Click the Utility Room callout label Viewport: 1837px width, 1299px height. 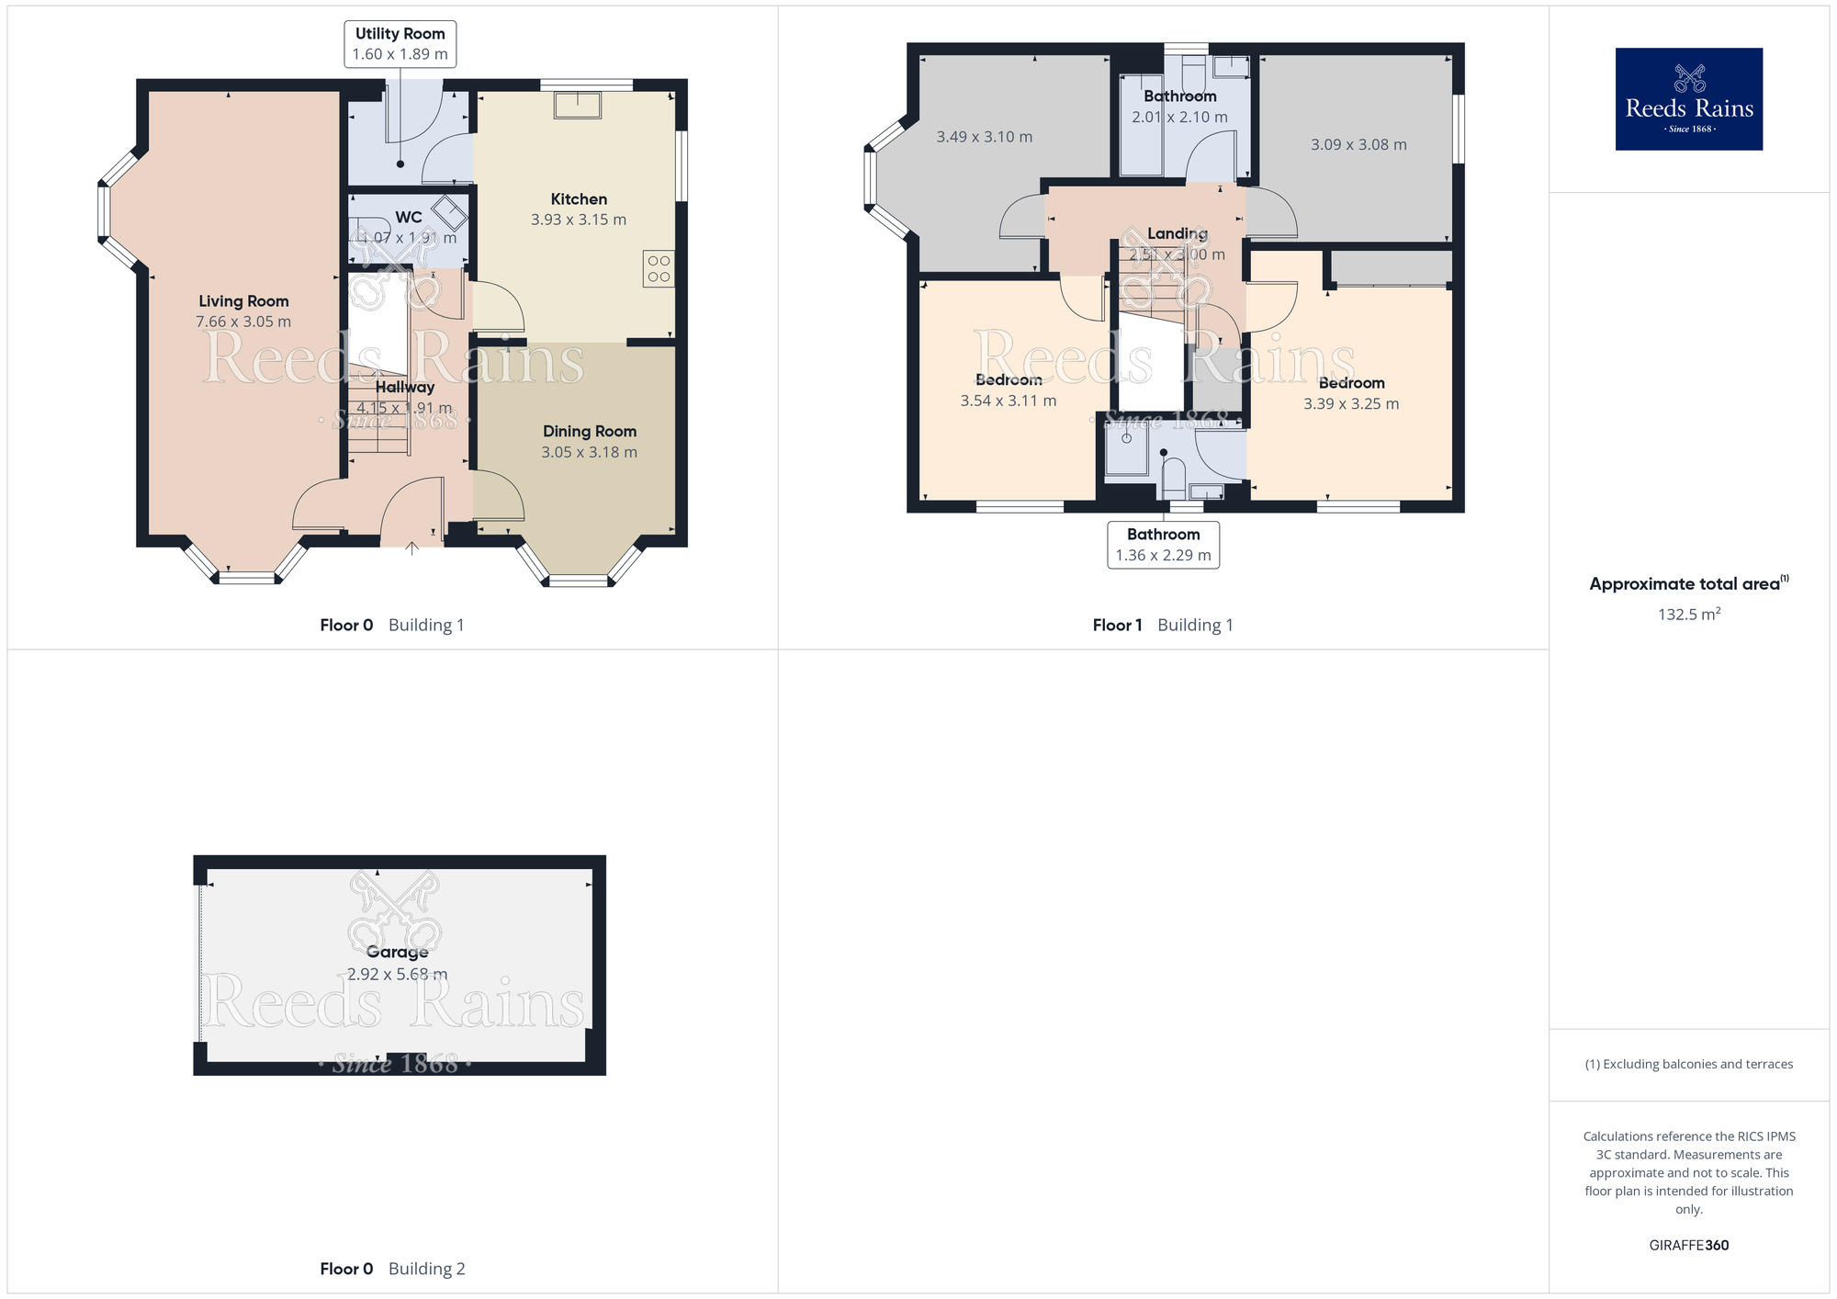coord(400,44)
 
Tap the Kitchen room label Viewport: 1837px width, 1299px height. coord(579,199)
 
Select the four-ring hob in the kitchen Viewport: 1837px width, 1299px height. coord(659,268)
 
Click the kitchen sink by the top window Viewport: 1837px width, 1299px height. coord(578,105)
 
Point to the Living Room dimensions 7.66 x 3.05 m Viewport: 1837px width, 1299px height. coord(243,322)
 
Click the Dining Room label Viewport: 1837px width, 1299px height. coord(589,432)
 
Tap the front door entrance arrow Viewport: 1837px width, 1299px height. coord(412,548)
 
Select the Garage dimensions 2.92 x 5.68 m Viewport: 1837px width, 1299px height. coord(398,974)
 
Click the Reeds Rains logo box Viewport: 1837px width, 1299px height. coord(1688,99)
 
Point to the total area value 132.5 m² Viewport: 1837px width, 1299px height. coord(1688,615)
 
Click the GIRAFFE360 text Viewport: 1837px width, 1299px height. coord(1688,1246)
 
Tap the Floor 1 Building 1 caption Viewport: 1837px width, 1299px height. coord(1163,626)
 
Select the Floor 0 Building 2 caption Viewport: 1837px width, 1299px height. coord(392,1269)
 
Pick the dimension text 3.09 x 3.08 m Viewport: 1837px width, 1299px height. coord(1358,145)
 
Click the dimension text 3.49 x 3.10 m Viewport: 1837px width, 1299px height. coord(984,137)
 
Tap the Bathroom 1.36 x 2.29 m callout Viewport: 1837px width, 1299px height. coord(1163,545)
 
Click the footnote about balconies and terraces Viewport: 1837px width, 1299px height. coord(1688,1064)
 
